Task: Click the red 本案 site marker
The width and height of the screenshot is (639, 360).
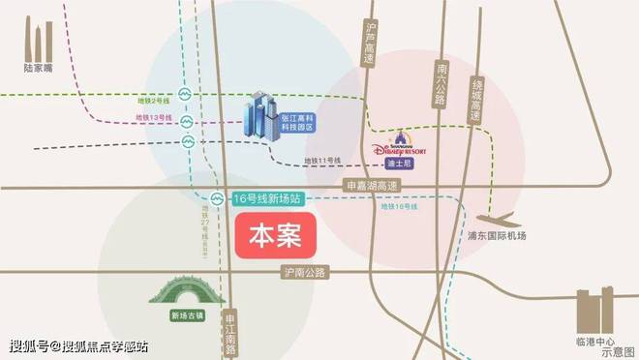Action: (276, 235)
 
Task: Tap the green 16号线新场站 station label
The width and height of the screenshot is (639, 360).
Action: (268, 198)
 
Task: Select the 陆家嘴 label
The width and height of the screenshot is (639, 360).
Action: (38, 70)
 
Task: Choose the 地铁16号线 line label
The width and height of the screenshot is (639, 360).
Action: (399, 206)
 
